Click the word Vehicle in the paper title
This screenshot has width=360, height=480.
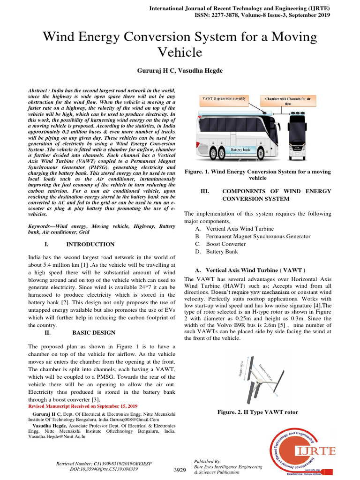pyautogui.click(x=180, y=52)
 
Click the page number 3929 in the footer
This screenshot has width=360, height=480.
pyautogui.click(x=180, y=470)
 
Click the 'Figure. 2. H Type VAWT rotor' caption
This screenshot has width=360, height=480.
pyautogui.click(x=258, y=412)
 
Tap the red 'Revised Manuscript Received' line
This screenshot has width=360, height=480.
pyautogui.click(x=83, y=405)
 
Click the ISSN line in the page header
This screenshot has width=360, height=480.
pyautogui.click(x=262, y=15)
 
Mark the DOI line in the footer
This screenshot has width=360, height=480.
pyautogui.click(x=104, y=468)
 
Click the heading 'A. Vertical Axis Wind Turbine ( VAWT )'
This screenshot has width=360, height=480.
pyautogui.click(x=250, y=270)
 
